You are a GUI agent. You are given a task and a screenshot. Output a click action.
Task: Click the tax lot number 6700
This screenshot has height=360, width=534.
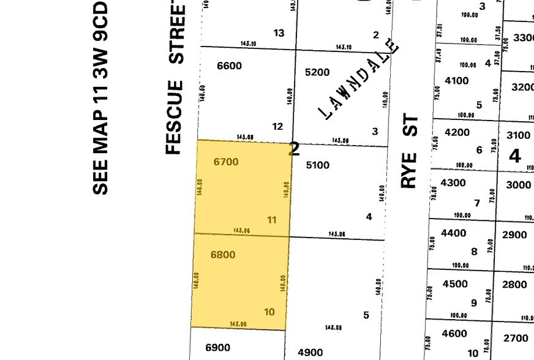226,162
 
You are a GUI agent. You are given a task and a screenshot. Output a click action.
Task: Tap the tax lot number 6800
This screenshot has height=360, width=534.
222,255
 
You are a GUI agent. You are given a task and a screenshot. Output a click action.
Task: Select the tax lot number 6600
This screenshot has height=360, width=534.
229,66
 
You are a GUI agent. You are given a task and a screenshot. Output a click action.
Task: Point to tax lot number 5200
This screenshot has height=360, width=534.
317,72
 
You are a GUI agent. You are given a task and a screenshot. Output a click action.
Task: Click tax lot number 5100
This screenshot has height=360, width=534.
317,165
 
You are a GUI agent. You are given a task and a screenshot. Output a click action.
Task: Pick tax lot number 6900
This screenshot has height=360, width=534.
217,348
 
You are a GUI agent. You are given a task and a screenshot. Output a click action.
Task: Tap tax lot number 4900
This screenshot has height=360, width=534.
309,352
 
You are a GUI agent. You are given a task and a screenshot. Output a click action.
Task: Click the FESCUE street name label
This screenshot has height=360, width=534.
175,117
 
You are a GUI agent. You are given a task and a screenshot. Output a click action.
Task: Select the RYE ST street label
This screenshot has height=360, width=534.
409,151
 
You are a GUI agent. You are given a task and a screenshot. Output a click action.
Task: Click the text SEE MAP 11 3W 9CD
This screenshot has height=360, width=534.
100,98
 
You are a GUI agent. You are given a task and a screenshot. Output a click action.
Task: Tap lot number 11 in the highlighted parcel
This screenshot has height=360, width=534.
272,220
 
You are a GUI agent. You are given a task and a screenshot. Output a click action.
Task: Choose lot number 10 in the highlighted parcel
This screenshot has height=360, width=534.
269,312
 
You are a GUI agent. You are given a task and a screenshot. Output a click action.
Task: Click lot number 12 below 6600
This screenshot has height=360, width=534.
277,127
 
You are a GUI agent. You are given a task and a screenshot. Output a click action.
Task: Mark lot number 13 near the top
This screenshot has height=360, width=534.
279,33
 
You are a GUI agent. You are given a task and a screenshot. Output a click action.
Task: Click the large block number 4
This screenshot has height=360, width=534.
514,156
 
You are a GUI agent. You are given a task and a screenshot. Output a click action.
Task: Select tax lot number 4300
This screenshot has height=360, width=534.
453,182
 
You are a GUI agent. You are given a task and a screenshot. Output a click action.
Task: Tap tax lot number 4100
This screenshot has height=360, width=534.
456,81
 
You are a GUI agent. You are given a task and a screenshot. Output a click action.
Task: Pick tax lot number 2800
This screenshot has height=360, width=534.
514,284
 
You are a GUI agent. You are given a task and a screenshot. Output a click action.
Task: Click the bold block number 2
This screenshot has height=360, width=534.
295,149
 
